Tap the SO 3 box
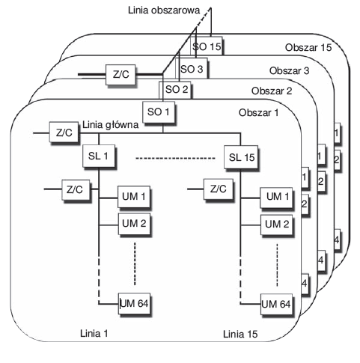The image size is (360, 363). [194, 69]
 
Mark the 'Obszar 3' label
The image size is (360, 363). [292, 70]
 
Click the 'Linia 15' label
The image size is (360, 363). [240, 332]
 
